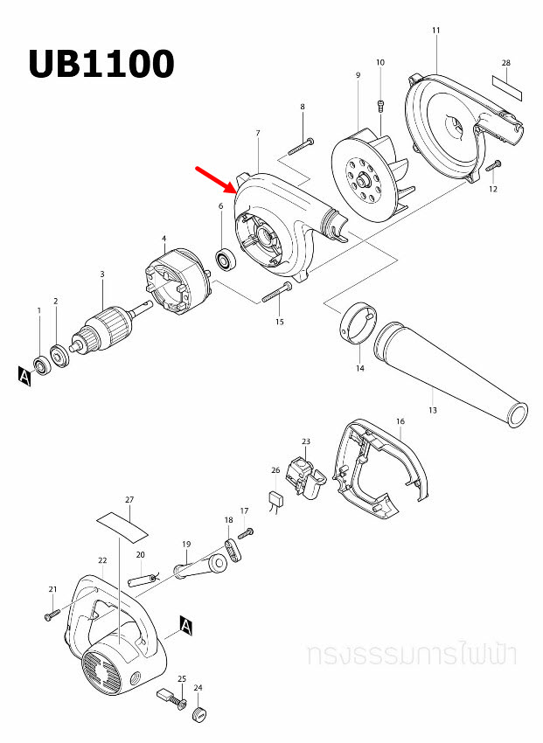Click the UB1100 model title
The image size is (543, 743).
pos(101,64)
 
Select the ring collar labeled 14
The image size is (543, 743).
pos(356,323)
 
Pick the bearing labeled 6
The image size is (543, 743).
pos(226,260)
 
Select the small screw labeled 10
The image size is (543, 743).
pos(380,106)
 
